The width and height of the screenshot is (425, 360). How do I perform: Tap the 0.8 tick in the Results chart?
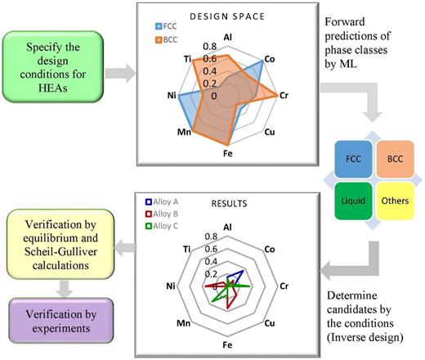(212, 236)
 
